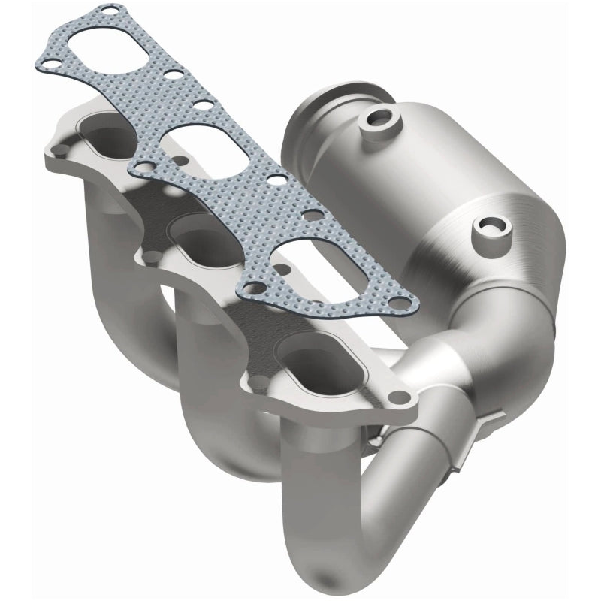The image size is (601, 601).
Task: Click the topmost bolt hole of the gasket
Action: pyautogui.click(x=111, y=13)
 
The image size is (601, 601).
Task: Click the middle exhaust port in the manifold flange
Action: pyautogui.click(x=201, y=240)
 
